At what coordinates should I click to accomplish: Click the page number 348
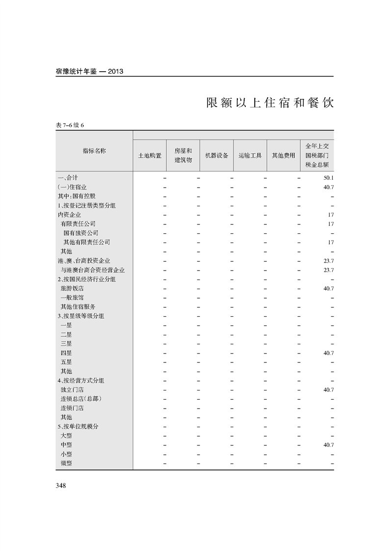(61, 486)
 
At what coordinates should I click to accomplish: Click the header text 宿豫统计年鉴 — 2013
(89, 71)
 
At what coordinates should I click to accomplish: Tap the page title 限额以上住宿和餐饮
(270, 103)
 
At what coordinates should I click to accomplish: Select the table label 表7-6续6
(70, 125)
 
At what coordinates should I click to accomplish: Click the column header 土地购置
(150, 156)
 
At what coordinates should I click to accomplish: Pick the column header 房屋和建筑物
(183, 156)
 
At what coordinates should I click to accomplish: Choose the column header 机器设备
(216, 156)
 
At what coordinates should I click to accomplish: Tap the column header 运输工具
(250, 156)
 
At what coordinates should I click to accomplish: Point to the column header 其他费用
(284, 156)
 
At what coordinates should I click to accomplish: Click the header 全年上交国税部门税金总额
(317, 156)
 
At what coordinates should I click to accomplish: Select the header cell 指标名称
(94, 151)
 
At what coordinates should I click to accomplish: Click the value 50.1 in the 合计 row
(328, 178)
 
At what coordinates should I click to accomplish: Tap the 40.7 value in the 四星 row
(328, 353)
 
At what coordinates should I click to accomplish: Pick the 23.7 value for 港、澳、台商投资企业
(328, 261)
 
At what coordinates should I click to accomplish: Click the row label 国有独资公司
(81, 233)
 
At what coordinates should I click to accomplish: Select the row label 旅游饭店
(72, 288)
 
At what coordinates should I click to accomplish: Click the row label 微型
(66, 463)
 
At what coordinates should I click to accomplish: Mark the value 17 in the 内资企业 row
(331, 215)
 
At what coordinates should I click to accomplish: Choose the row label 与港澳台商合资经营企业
(92, 270)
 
